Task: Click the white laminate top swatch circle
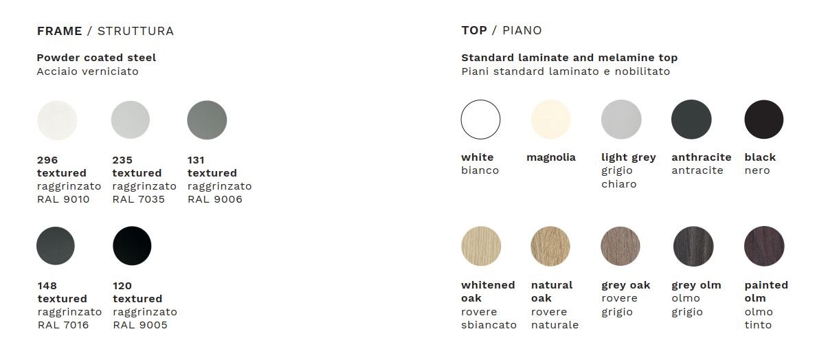(x=480, y=120)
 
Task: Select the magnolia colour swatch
(x=551, y=120)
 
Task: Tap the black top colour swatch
(x=764, y=120)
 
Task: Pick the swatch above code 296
(x=57, y=120)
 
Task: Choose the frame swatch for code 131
(x=207, y=120)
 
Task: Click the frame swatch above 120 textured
(x=133, y=246)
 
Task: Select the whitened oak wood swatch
(x=481, y=246)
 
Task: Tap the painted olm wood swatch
(x=764, y=246)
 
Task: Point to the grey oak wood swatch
(x=620, y=246)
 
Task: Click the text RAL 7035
(x=139, y=199)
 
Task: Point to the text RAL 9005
(x=140, y=325)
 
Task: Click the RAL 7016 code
(x=63, y=325)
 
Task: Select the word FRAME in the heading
(x=59, y=31)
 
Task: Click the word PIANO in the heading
(x=522, y=31)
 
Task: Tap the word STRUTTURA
(x=135, y=31)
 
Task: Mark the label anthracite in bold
(x=702, y=157)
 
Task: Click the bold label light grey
(x=628, y=158)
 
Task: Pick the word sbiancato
(x=489, y=325)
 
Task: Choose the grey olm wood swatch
(x=693, y=246)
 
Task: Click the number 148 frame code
(x=47, y=286)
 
